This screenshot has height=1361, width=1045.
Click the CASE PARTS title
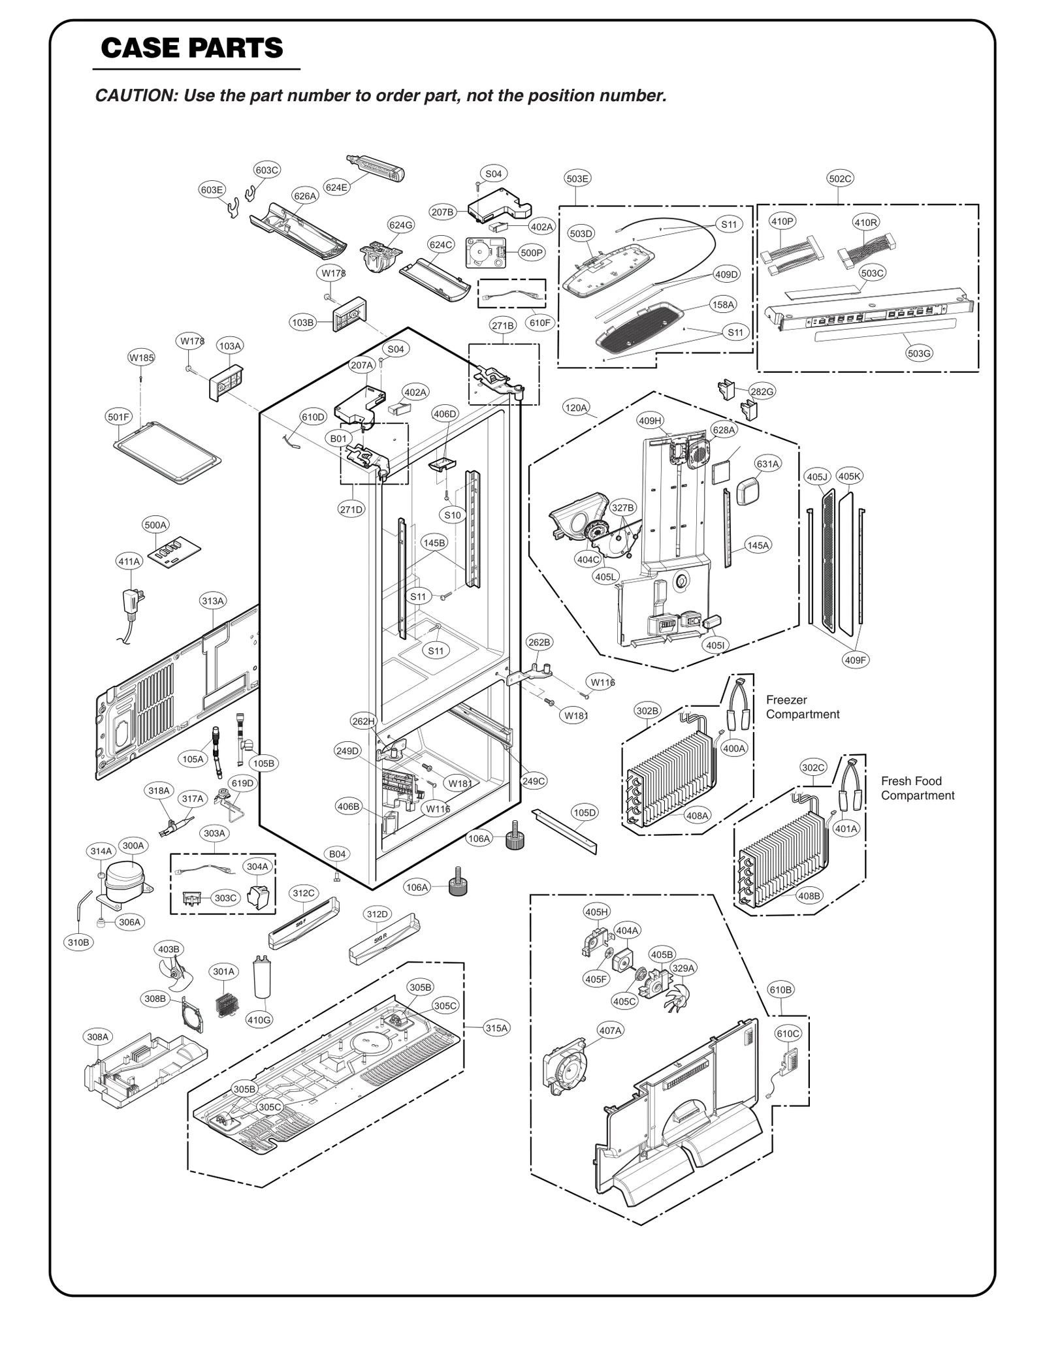click(x=192, y=48)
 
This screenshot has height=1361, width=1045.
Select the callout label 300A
click(x=133, y=845)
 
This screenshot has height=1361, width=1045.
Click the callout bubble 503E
click(x=577, y=178)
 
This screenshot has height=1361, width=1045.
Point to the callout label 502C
click(x=840, y=178)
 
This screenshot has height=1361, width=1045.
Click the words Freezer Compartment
click(x=803, y=707)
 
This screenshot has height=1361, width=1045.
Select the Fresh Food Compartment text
click(x=917, y=788)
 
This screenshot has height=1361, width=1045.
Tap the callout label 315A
click(x=496, y=1028)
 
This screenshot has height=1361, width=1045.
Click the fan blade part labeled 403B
click(x=174, y=979)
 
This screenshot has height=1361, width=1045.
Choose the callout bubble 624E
click(x=336, y=187)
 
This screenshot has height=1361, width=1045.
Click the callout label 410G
click(x=259, y=1020)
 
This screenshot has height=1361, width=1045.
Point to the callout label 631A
click(x=767, y=464)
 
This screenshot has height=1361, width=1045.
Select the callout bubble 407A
click(x=610, y=1030)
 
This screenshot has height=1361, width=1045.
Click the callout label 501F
click(x=119, y=417)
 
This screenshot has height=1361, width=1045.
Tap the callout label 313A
click(x=213, y=600)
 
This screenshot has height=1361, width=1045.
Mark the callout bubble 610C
click(x=788, y=1033)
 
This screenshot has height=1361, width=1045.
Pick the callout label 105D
click(x=584, y=812)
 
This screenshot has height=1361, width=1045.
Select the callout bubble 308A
click(x=98, y=1036)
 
